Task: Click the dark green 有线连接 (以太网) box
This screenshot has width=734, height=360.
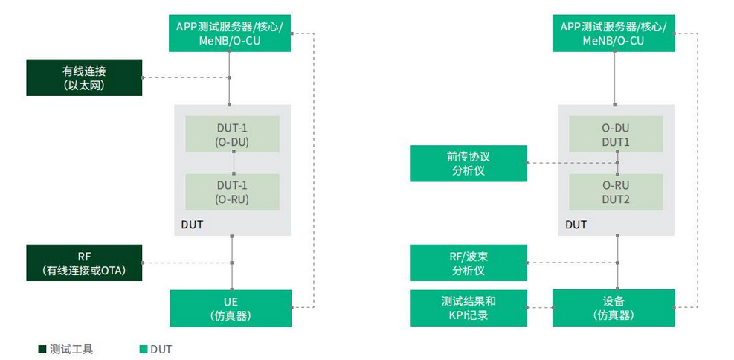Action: [x=84, y=77]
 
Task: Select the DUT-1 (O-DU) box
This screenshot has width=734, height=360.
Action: [x=232, y=133]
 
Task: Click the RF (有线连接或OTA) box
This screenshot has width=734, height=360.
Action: [x=84, y=263]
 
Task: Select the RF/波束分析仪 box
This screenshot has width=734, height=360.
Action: [x=469, y=263]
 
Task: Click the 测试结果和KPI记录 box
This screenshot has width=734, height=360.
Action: [x=469, y=308]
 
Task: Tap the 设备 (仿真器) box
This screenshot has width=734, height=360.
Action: [x=614, y=308]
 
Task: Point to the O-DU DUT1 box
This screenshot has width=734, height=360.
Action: [x=616, y=133]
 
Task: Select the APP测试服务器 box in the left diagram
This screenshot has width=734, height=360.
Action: [x=230, y=33]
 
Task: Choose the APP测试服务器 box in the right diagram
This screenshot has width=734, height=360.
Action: [x=614, y=33]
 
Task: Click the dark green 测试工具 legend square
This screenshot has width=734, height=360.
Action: [x=42, y=349]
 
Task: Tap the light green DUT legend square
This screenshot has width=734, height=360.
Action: [x=143, y=349]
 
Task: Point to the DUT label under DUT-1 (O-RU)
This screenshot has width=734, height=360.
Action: [x=192, y=224]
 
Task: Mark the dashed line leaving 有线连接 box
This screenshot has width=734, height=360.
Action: [x=186, y=77]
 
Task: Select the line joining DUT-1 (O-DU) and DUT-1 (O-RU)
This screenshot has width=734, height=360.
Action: [x=233, y=162]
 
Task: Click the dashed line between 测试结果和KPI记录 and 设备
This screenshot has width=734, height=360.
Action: [x=540, y=308]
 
